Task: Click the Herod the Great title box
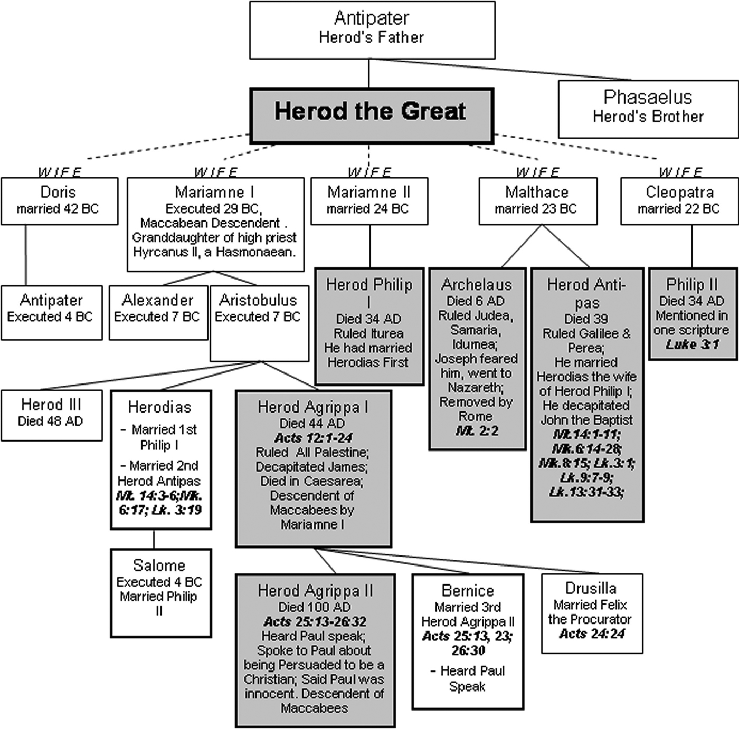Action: coord(372,116)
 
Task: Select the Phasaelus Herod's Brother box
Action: coord(648,109)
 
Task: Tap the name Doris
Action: coord(58,192)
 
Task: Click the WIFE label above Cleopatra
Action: coord(680,172)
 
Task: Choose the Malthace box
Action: coord(537,201)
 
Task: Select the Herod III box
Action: coord(51,415)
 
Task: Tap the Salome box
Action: coord(160,592)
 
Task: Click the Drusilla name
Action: coord(591,588)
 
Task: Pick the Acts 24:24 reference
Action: coord(592,634)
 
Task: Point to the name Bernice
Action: coord(468,590)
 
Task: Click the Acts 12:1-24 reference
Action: coord(313,438)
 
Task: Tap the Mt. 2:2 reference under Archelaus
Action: coord(477,431)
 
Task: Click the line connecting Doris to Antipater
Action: coord(26,255)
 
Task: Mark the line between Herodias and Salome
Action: coord(154,539)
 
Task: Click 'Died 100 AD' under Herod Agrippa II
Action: coord(315,607)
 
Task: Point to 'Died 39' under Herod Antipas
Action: coord(586,319)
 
